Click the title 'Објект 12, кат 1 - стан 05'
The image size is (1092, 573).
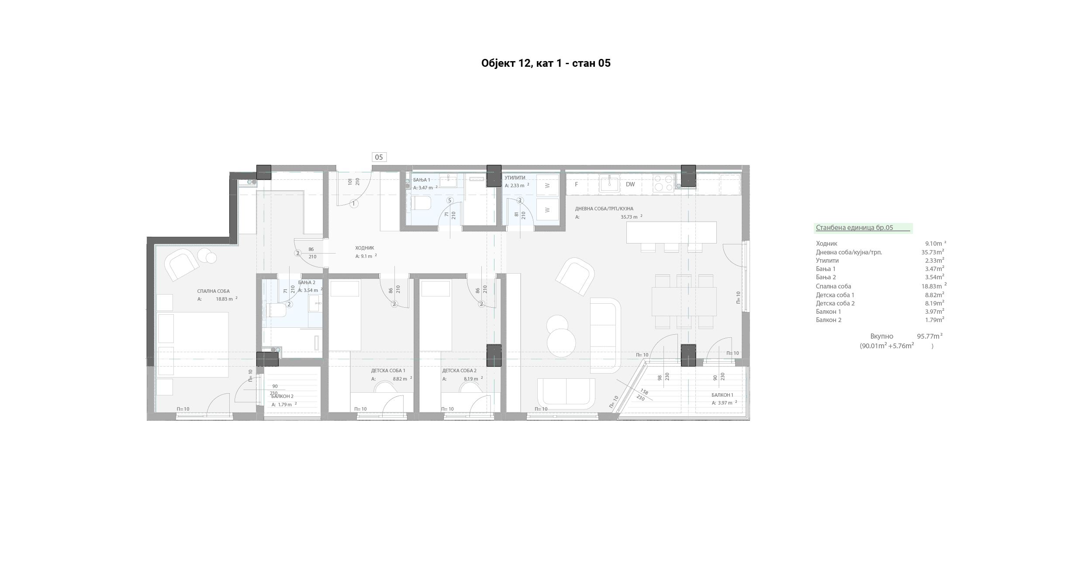(x=546, y=63)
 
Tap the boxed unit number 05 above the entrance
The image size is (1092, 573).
(x=379, y=157)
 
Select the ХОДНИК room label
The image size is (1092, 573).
(x=365, y=248)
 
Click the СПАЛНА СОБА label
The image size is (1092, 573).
(x=213, y=291)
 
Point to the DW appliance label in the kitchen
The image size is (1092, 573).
(x=630, y=184)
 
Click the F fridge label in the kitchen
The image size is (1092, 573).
(x=576, y=184)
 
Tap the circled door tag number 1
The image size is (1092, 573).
(x=354, y=203)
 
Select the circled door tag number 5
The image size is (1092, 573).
(x=449, y=200)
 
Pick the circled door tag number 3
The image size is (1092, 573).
(x=520, y=200)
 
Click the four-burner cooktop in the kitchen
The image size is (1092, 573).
(x=664, y=183)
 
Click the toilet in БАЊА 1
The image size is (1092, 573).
(x=420, y=203)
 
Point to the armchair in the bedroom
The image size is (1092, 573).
(x=180, y=264)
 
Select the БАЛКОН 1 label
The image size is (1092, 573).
(x=722, y=395)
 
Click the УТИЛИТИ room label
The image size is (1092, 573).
(x=515, y=178)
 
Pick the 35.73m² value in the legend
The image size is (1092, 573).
(x=933, y=252)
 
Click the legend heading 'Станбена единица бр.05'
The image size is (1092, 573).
(x=854, y=227)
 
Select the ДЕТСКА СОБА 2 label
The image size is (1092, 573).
(x=459, y=371)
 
